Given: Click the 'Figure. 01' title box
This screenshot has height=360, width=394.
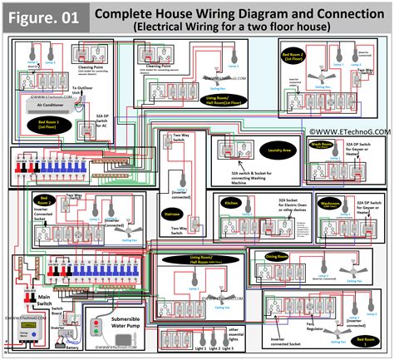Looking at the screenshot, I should click(45, 16).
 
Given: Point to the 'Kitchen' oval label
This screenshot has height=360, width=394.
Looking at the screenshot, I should click(232, 202).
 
